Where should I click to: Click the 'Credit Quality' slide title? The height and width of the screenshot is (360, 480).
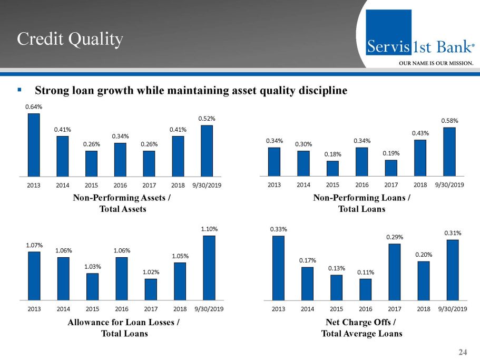[70, 38]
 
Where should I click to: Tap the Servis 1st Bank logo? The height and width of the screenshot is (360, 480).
[420, 40]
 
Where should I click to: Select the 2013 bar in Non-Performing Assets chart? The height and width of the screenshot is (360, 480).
[34, 145]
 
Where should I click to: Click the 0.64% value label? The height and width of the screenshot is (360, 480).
[34, 107]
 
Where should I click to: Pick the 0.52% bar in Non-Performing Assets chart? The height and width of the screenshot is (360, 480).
[207, 151]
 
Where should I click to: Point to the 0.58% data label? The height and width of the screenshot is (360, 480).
[449, 121]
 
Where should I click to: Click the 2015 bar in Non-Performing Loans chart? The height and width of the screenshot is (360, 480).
[332, 168]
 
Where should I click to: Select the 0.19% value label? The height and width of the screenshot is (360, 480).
[391, 153]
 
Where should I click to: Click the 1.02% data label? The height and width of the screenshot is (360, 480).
[151, 272]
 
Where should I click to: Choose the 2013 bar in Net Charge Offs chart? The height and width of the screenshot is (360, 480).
[278, 268]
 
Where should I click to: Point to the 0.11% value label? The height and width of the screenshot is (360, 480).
[366, 272]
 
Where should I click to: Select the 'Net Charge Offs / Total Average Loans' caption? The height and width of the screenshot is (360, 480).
[361, 328]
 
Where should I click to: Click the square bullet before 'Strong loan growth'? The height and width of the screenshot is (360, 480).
[19, 90]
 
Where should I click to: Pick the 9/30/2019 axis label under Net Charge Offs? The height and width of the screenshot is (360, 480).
[453, 308]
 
